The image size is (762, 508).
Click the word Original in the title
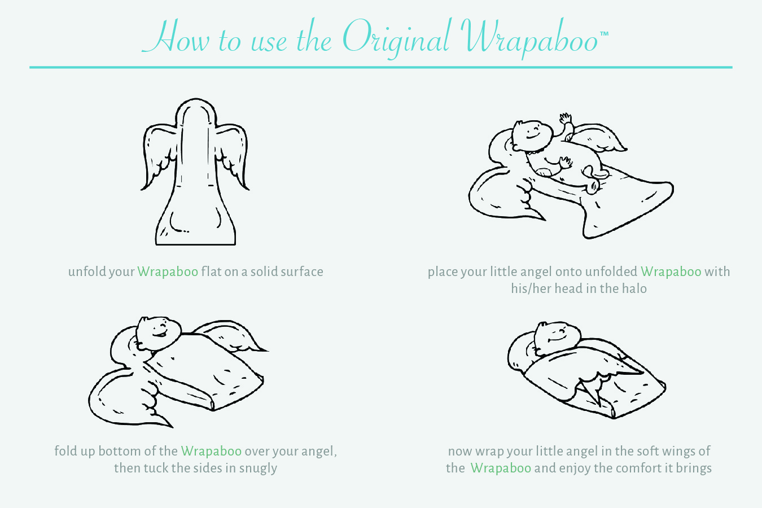point(396,39)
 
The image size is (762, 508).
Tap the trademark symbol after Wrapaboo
point(604,34)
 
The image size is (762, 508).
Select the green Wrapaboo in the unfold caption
point(168,271)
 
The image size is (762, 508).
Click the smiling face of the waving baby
point(532,134)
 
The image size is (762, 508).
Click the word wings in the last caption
point(675,452)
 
